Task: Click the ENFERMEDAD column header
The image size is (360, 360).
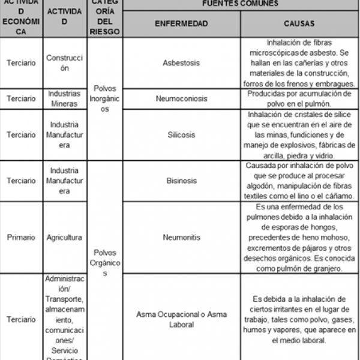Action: tap(181, 24)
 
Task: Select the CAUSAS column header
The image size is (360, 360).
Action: tap(299, 24)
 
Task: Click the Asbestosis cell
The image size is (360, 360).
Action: tap(181, 63)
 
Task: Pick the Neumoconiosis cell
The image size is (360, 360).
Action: tap(181, 98)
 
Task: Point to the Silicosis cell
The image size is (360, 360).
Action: tap(181, 135)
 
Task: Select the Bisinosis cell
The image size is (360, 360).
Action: tap(181, 180)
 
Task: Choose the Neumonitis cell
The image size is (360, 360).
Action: tap(181, 238)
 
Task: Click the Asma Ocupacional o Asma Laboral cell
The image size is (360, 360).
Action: tap(181, 319)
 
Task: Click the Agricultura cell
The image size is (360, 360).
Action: tap(64, 238)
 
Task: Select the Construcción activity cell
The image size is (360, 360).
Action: tap(64, 63)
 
